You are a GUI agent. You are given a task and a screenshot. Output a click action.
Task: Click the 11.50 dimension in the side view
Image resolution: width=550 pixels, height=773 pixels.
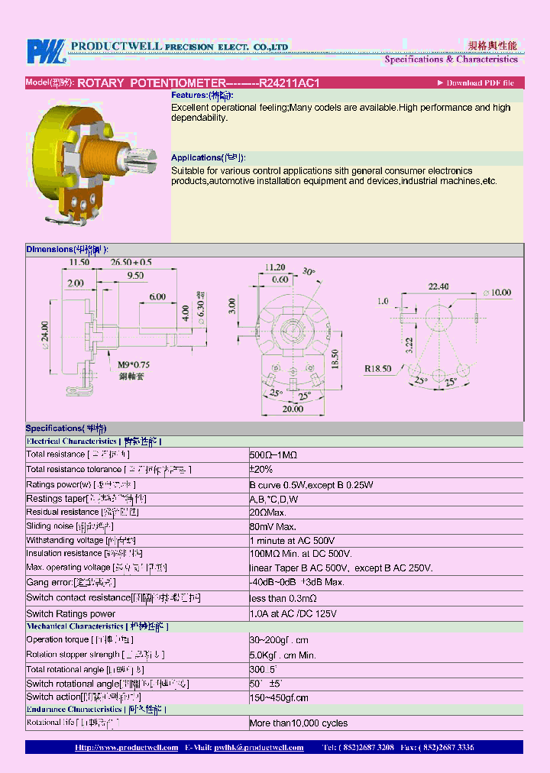point(79,262)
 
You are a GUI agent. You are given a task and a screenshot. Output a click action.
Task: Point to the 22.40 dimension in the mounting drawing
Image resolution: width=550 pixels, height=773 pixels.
point(438,286)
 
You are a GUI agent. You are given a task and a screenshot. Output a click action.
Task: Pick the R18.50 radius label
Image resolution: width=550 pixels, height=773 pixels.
point(378,368)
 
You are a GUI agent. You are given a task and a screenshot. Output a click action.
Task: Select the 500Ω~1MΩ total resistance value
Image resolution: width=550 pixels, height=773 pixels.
point(273,454)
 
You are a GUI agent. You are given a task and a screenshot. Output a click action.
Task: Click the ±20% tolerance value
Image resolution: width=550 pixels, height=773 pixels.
point(261,469)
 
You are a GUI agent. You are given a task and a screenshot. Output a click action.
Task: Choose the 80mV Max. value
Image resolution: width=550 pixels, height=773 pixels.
point(273,526)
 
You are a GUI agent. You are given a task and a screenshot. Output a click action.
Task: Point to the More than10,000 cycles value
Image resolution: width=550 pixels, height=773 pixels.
point(298,723)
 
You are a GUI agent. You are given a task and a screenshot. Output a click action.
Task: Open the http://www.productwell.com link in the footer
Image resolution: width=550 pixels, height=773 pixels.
point(127,748)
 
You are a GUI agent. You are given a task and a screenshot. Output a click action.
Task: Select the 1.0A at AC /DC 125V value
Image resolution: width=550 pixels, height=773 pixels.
point(293,613)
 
